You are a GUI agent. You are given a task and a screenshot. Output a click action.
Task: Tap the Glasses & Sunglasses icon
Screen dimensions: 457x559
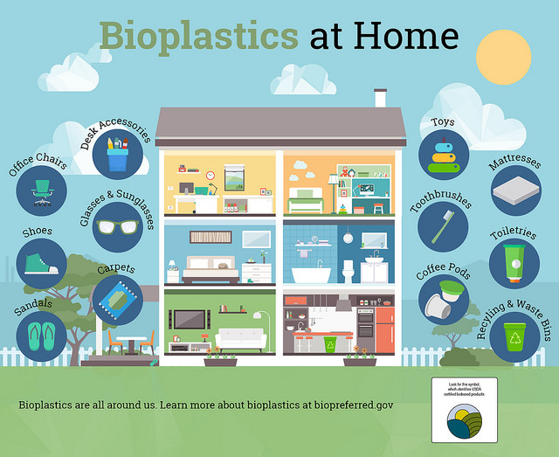(117, 226)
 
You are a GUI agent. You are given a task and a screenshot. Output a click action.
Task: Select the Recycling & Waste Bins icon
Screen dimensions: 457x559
(515, 336)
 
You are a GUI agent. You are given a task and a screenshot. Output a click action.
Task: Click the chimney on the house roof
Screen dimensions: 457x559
(380, 98)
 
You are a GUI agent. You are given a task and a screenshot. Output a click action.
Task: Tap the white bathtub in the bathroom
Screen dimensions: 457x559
(310, 275)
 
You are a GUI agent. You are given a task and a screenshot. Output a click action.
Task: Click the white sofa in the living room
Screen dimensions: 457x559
(240, 338)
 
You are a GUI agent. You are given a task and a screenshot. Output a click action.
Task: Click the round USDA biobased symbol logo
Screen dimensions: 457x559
(464, 423)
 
